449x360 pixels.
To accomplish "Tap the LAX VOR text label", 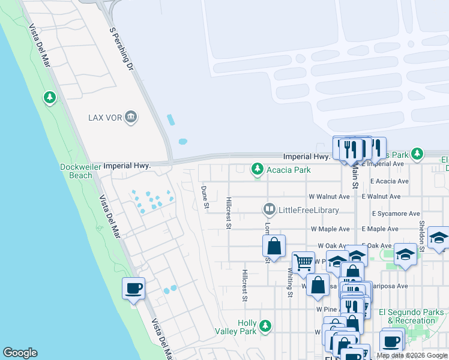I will point(105,117).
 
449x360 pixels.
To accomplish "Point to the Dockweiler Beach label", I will point(76,171).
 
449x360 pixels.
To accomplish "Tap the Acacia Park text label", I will point(289,170).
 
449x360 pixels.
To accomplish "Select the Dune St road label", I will point(205,197).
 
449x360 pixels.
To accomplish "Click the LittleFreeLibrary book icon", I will point(269,209).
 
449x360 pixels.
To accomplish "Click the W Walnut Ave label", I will point(329,196).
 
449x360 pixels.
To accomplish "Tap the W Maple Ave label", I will point(330,229).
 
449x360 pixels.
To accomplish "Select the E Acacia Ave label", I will point(389,181).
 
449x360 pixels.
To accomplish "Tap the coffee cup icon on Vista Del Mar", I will point(133,289).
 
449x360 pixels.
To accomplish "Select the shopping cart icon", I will point(303,262).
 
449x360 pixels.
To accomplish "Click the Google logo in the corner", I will point(20,353).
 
